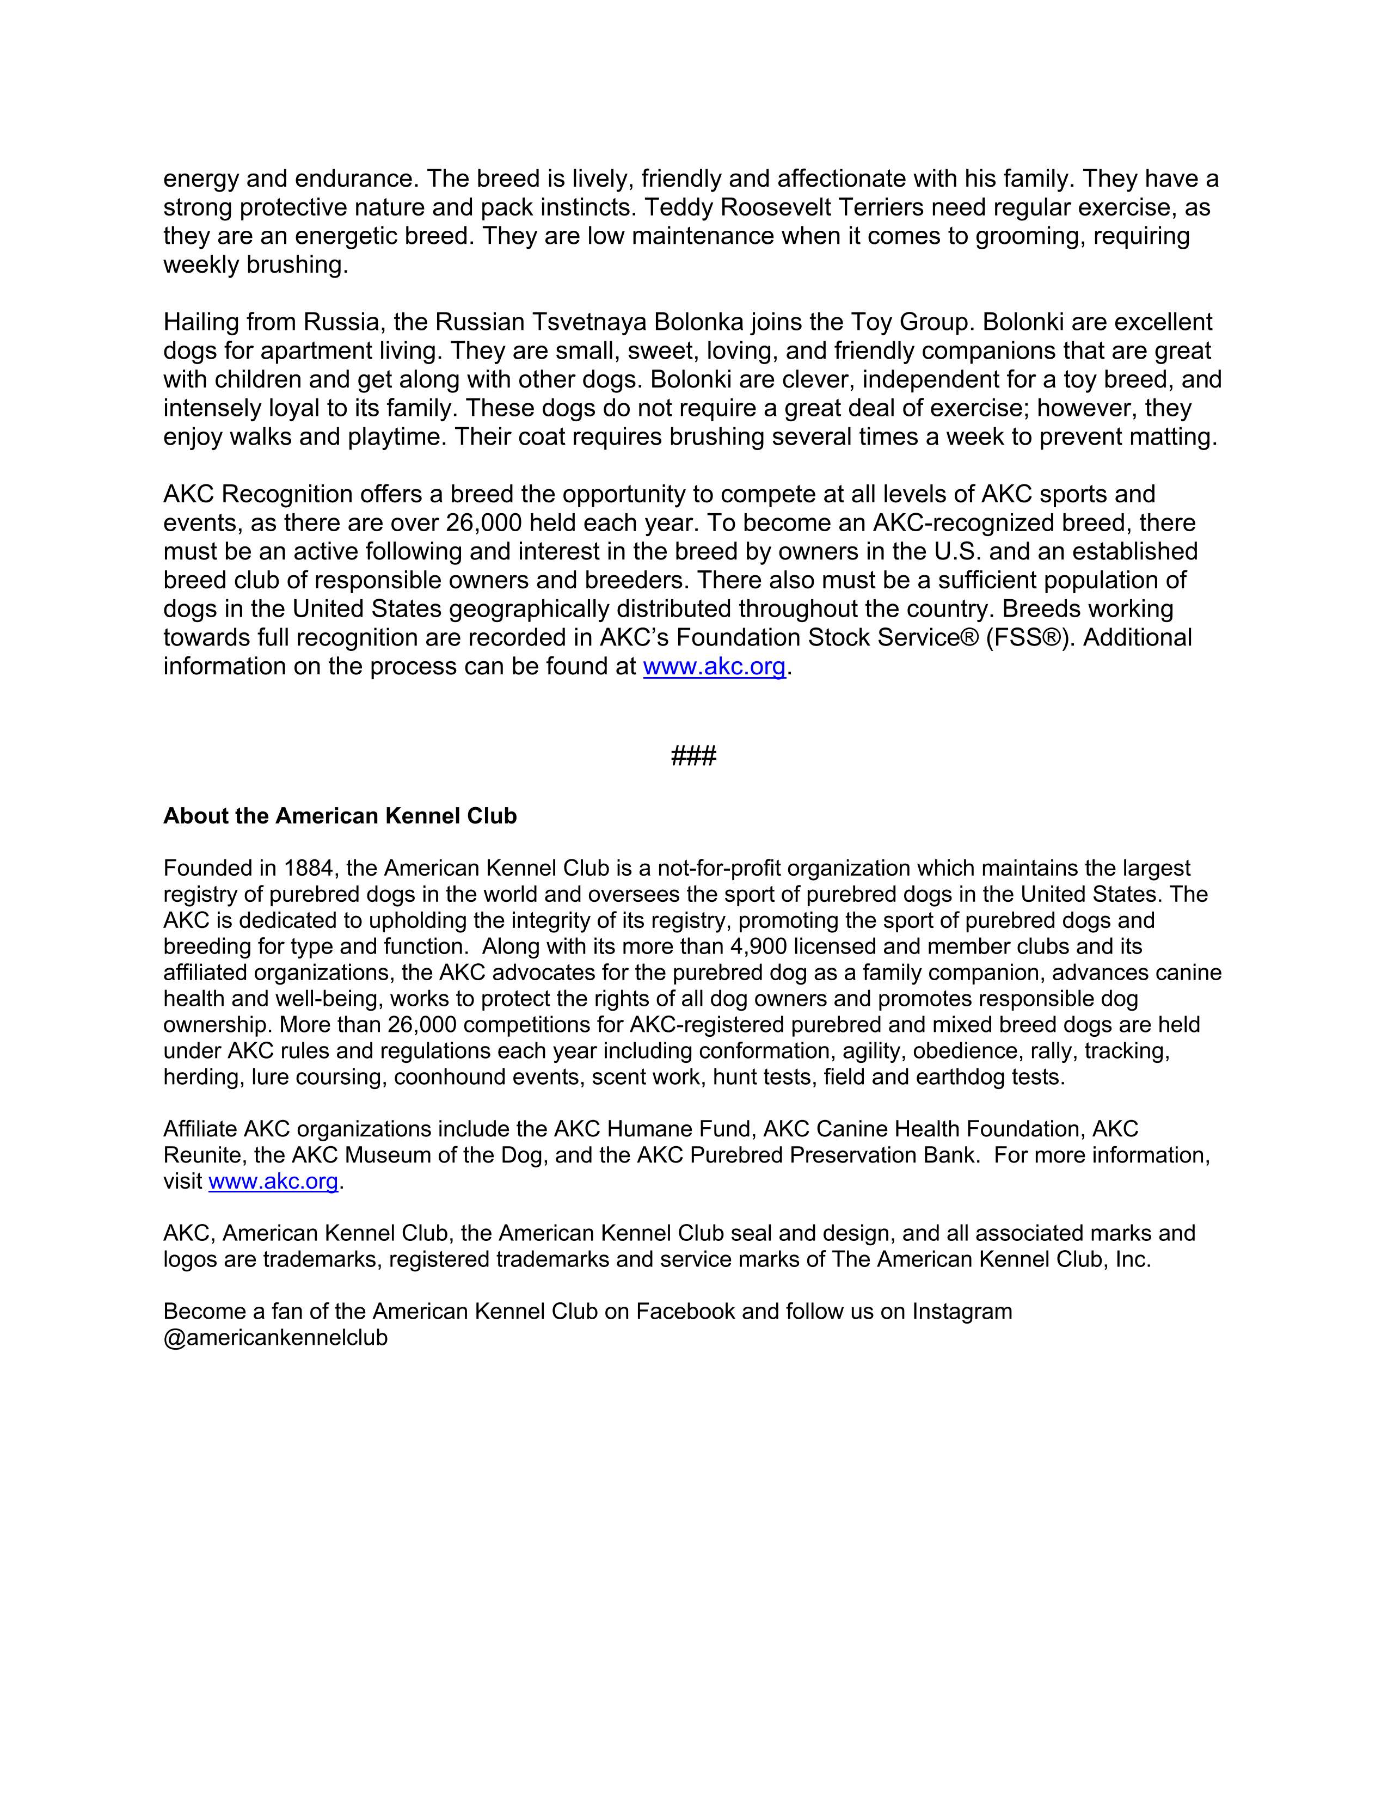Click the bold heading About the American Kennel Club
[x=340, y=816]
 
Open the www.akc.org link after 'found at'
[x=714, y=666]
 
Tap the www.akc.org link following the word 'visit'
[x=273, y=1182]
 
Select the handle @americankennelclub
[x=275, y=1337]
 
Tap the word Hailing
[x=201, y=322]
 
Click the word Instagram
[x=962, y=1311]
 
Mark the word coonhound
[x=448, y=1077]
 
